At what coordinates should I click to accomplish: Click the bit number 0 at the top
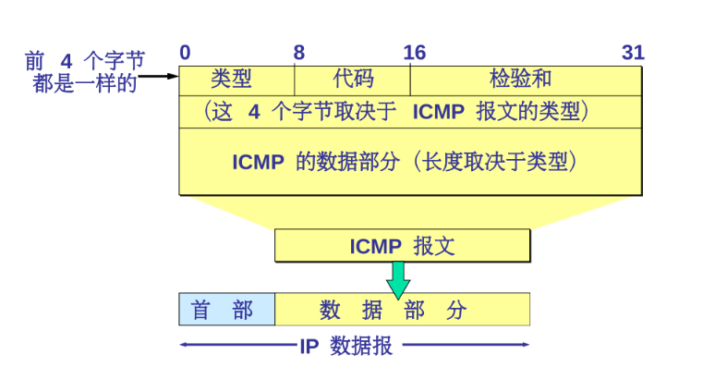pos(186,52)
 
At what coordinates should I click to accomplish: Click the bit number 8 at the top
pos(299,52)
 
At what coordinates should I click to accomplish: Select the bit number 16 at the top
pos(415,52)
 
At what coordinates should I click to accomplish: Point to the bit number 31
pos(633,52)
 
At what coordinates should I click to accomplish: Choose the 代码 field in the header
pos(353,80)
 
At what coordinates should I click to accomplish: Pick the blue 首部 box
pos(226,310)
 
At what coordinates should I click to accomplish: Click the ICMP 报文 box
pos(402,246)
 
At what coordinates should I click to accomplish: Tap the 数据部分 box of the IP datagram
pos(402,310)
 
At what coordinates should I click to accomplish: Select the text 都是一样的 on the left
pos(85,83)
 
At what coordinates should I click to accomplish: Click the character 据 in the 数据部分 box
pos(372,310)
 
